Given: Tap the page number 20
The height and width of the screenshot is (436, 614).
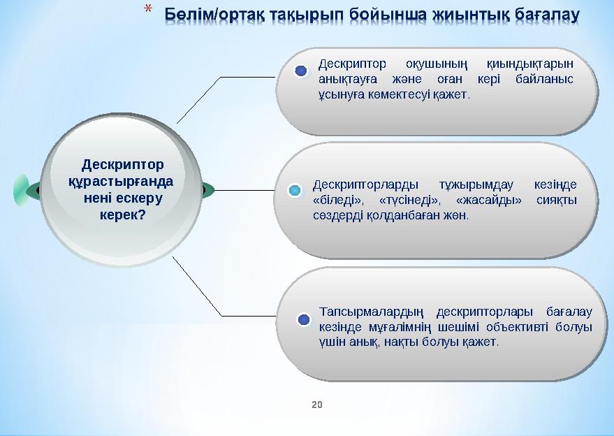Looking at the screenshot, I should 317,405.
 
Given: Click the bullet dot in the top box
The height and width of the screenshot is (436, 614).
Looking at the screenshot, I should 301,71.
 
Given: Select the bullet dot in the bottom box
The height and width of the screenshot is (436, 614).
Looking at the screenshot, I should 304,320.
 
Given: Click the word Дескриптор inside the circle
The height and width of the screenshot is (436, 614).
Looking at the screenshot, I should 123,165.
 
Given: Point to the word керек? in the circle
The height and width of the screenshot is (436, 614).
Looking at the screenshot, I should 122,215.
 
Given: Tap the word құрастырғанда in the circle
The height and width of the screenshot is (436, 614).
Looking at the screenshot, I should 119,182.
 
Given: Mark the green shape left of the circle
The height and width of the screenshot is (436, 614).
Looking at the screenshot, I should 22,190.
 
